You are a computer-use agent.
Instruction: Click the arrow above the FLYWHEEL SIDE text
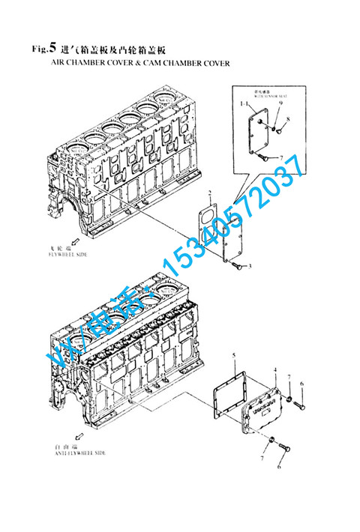point(49,243)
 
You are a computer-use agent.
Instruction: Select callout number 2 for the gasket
point(211,193)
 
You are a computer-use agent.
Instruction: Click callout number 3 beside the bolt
point(250,266)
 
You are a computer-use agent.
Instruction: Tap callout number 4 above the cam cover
point(275,370)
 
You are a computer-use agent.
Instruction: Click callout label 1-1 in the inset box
point(244,104)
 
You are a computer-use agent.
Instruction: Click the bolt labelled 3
point(237,264)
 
